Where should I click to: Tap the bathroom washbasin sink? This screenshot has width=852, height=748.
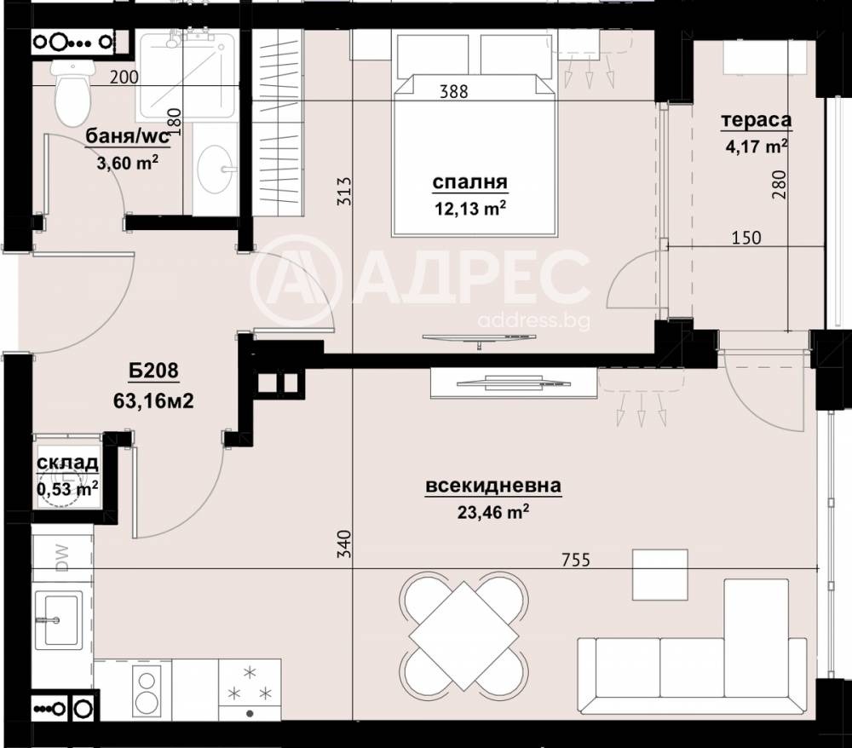tap(214, 168)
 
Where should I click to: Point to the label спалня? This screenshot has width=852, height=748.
tap(470, 181)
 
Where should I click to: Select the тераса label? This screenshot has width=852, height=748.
tap(756, 120)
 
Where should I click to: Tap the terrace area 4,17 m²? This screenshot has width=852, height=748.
tap(755, 146)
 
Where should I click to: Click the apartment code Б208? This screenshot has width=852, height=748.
tap(153, 371)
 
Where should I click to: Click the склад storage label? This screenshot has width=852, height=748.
tap(67, 463)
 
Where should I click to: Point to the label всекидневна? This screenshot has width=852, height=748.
tap(492, 486)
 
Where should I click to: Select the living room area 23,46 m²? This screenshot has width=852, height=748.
tap(492, 511)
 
